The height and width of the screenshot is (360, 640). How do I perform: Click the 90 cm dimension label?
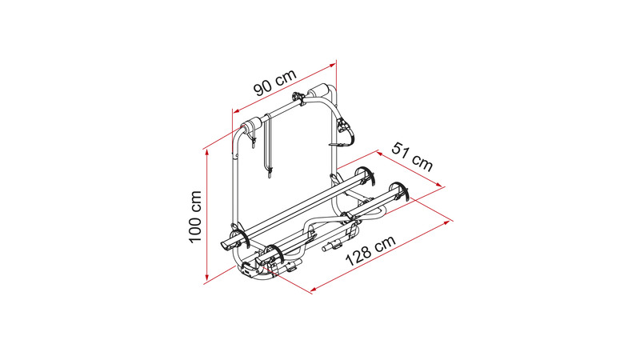click(x=274, y=82)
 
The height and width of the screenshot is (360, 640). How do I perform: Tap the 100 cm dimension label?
click(x=195, y=216)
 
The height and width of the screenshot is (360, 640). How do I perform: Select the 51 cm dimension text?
click(x=412, y=156)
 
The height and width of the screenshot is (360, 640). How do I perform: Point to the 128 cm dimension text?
click(x=371, y=250)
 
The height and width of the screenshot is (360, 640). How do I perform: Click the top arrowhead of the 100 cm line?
click(x=207, y=152)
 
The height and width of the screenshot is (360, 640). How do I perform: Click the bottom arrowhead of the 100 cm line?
click(x=207, y=278)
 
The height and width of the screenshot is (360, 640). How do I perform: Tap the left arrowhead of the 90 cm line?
click(x=237, y=111)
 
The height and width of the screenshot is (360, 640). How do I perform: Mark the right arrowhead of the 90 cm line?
click(x=332, y=65)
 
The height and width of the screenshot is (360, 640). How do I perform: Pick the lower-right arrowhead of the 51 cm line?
click(x=439, y=185)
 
